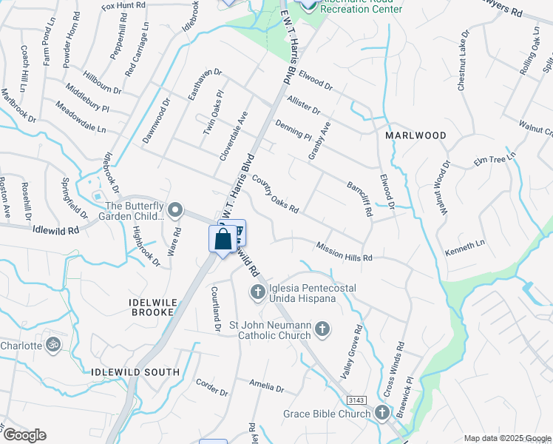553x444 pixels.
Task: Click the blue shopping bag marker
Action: pos(223,240)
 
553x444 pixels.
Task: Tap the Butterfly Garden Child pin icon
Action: pos(175,211)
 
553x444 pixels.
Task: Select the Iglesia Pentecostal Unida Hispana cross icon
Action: pos(258,292)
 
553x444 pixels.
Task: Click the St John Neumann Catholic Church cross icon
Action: pos(322,329)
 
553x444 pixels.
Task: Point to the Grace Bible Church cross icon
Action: pos(382,413)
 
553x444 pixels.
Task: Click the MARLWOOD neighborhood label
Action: pos(416,135)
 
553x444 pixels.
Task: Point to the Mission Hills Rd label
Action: pos(342,252)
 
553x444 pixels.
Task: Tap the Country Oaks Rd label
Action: pos(274,194)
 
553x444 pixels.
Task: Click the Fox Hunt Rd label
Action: pos(123,6)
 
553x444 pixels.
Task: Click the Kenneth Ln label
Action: pos(465,248)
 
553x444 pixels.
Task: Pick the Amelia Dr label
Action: pos(266,386)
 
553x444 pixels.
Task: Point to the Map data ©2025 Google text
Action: pos(506,438)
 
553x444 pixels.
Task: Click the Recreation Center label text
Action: pos(362,9)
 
